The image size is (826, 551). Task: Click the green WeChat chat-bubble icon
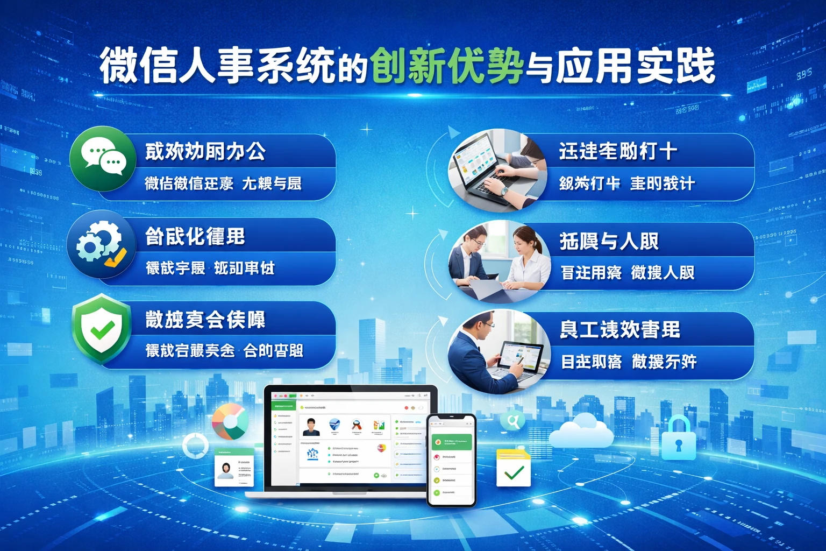[x=103, y=158]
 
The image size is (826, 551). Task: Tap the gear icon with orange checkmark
[x=102, y=245]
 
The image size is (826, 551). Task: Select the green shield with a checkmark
[x=102, y=329]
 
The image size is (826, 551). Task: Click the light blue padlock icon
[x=678, y=439]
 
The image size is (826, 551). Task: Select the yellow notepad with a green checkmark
[x=513, y=468]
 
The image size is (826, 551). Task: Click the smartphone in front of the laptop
[x=451, y=460]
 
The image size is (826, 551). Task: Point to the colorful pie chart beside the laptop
[x=230, y=421]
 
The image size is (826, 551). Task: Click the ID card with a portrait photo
[x=234, y=467]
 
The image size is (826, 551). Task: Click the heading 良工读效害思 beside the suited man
[x=620, y=329]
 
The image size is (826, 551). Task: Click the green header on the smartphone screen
[x=451, y=442]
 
